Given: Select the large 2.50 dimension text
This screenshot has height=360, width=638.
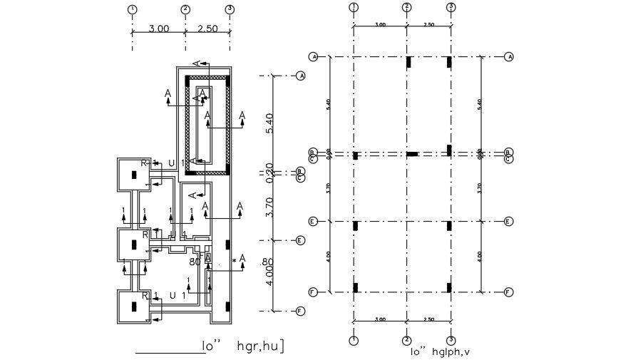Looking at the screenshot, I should click(207, 29).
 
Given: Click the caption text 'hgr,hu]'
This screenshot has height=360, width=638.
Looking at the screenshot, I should click(262, 347).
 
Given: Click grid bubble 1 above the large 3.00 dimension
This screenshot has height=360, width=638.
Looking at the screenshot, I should click(132, 9).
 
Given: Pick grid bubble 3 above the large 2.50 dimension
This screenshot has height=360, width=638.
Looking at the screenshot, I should click(230, 9).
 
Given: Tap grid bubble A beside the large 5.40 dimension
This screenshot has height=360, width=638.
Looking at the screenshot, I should click(301, 75).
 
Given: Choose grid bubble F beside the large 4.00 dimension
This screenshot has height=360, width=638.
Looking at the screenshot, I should click(301, 311).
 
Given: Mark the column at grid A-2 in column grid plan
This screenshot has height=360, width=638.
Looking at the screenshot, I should click(408, 62).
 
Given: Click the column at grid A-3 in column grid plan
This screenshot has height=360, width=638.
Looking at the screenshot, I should click(450, 62).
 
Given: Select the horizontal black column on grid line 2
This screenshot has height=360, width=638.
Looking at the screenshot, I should click(412, 154).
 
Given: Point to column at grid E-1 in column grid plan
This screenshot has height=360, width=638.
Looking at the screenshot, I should click(355, 226).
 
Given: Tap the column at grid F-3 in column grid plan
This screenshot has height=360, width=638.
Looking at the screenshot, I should click(450, 288).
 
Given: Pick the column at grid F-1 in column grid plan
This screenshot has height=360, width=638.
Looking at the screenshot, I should click(355, 288).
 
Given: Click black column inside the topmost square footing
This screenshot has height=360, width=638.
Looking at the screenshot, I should click(133, 175).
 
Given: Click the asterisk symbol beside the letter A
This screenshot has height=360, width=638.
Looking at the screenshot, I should click(234, 262).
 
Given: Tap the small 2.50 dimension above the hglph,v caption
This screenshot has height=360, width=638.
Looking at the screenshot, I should click(428, 320).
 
